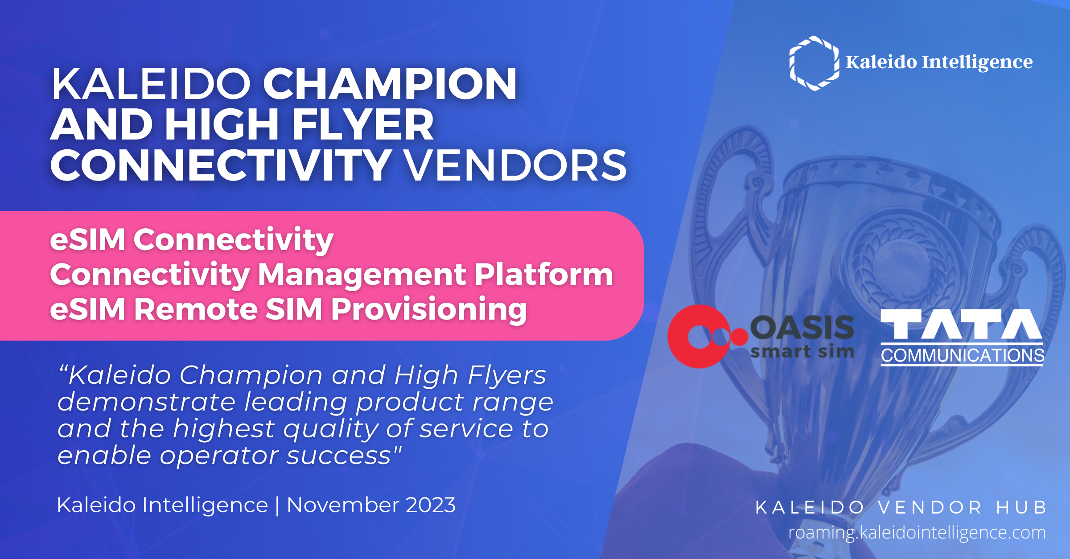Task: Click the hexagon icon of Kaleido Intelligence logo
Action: pyautogui.click(x=814, y=63)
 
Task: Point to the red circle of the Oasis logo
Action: pyautogui.click(x=700, y=337)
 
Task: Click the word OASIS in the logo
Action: pyautogui.click(x=802, y=328)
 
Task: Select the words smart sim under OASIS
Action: pyautogui.click(x=802, y=352)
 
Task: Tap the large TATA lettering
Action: pyautogui.click(x=962, y=324)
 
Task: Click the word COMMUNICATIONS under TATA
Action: pyautogui.click(x=962, y=355)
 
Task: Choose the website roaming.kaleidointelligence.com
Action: pyautogui.click(x=917, y=533)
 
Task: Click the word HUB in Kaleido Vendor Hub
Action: pyautogui.click(x=1021, y=507)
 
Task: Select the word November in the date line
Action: pyautogui.click(x=343, y=505)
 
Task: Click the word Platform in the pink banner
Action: pyautogui.click(x=543, y=275)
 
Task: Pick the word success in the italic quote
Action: pyautogui.click(x=339, y=456)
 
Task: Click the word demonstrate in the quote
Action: pyautogui.click(x=146, y=402)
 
